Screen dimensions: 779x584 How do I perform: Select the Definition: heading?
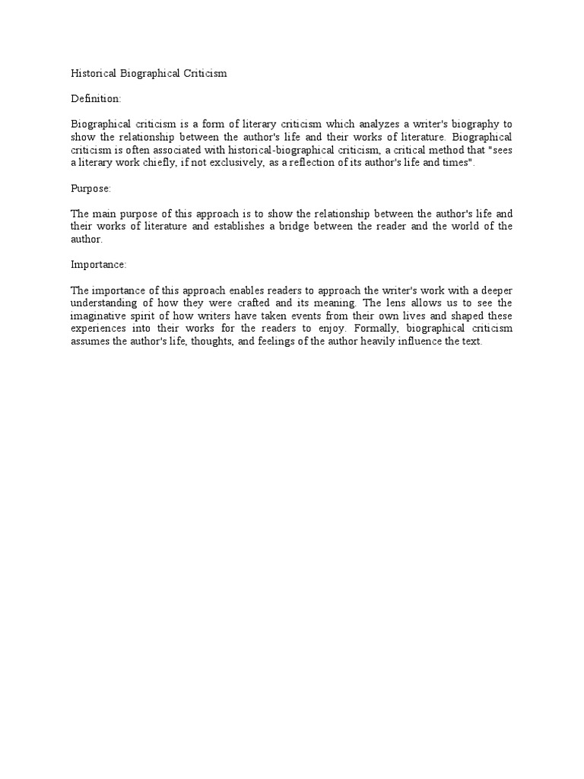[x=96, y=99]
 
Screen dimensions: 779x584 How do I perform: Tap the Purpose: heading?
[x=91, y=188]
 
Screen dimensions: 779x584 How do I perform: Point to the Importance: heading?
[x=99, y=265]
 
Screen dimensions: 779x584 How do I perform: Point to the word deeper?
[x=494, y=291]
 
